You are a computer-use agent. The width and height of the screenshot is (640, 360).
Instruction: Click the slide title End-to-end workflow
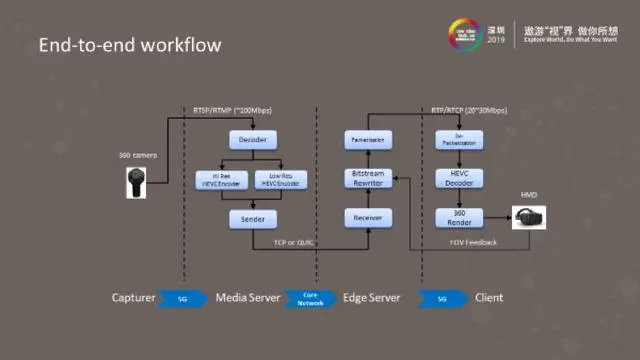click(129, 46)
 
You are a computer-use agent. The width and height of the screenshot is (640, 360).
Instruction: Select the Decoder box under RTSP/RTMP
click(252, 141)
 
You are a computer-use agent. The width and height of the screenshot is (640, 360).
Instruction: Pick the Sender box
click(252, 218)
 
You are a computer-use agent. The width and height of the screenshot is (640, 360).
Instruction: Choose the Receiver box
click(368, 217)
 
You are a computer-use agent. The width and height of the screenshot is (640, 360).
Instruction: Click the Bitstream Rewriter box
click(368, 179)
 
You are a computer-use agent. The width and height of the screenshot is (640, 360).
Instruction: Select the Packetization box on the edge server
click(368, 141)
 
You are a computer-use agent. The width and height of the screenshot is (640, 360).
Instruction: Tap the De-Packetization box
click(459, 141)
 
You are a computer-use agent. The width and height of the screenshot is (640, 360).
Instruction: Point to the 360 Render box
click(459, 217)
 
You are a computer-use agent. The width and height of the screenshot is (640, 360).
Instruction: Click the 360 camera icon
click(135, 182)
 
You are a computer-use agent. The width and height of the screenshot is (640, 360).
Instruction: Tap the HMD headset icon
click(529, 216)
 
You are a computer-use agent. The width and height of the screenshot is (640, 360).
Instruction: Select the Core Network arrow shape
click(310, 297)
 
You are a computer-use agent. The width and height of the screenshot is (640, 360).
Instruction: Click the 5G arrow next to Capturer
click(182, 297)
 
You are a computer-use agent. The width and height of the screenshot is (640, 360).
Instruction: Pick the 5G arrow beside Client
click(439, 297)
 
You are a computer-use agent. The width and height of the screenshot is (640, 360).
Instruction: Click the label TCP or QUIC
click(296, 241)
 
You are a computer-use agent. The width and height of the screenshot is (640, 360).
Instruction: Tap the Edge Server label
click(372, 297)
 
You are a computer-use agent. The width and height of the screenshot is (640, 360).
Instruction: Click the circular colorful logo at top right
click(469, 34)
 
